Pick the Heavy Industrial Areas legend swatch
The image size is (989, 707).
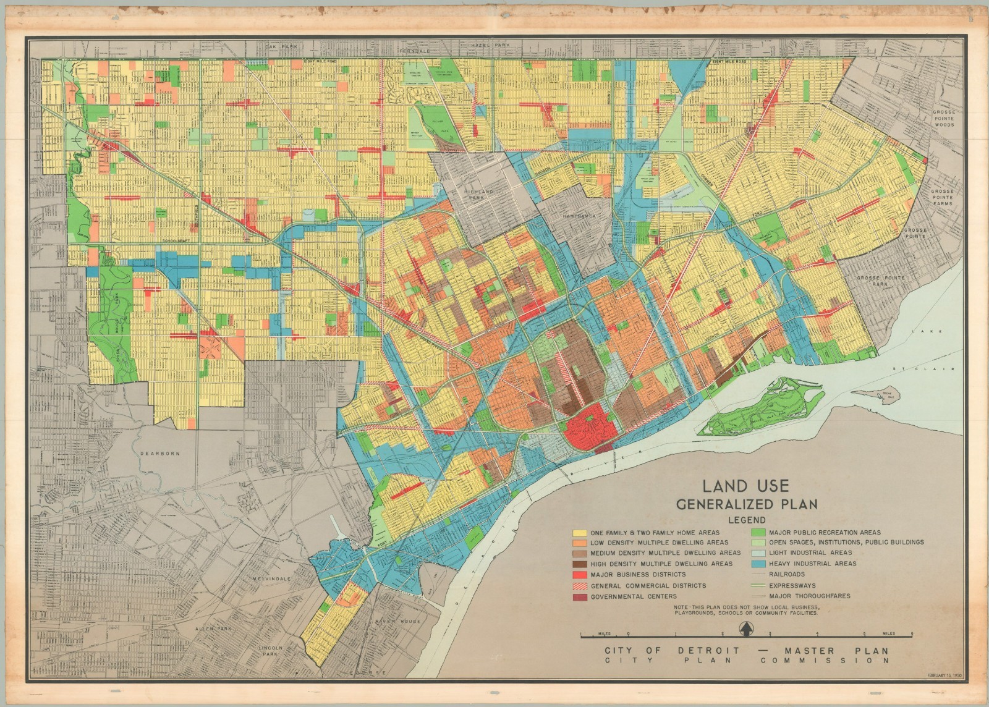pos(758,564)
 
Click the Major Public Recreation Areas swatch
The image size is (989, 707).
pos(758,532)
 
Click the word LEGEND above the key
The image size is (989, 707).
pos(747,520)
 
